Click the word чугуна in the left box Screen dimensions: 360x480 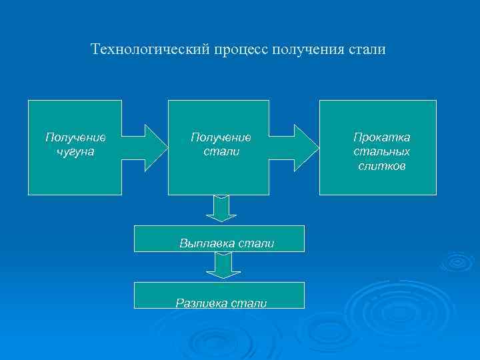pos(75,152)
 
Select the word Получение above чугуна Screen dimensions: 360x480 pos(75,137)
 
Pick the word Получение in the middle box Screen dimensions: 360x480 pos(221,137)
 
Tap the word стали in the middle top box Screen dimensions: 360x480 pos(221,152)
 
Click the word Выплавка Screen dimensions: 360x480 pos(205,244)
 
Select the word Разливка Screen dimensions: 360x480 pos(201,303)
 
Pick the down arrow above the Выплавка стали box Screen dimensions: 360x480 pos(221,209)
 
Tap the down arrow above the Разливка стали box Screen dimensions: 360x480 pos(221,267)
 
